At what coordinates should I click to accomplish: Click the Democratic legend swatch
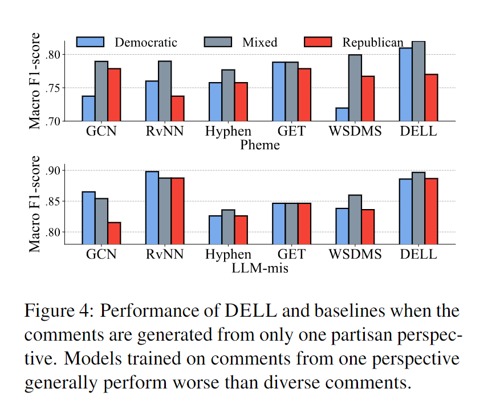click(90, 42)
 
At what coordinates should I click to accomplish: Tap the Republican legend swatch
click(318, 42)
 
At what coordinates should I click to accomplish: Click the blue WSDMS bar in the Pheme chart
click(343, 114)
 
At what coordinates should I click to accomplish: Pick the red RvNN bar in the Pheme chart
click(178, 108)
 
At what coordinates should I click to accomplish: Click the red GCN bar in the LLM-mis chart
click(114, 233)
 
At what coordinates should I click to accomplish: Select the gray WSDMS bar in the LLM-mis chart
click(355, 219)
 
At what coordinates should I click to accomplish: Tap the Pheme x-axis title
click(260, 145)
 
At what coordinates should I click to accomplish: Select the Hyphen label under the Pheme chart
click(228, 132)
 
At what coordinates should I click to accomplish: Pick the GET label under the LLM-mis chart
click(291, 255)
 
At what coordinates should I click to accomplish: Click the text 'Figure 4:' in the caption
click(59, 312)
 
